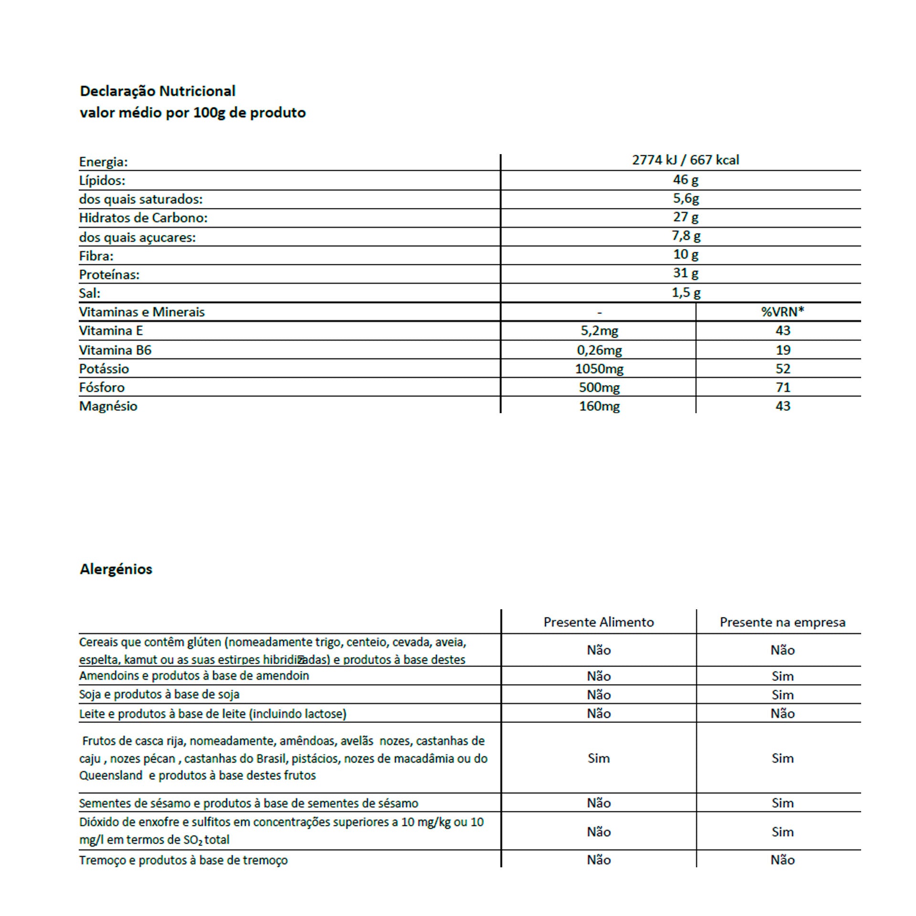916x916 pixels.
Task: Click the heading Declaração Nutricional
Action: pos(157,91)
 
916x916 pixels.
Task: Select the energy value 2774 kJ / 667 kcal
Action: pos(686,160)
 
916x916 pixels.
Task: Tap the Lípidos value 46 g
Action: pos(686,180)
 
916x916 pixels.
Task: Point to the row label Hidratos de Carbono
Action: pos(143,218)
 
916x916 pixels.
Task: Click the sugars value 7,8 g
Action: pos(686,236)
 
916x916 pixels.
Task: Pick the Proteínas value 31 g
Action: pos(686,273)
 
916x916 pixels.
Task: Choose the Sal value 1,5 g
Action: pos(686,292)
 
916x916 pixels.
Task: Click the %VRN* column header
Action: pos(782,312)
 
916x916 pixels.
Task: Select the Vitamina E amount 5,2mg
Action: pos(599,331)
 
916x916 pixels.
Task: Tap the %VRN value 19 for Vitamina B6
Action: pos(782,350)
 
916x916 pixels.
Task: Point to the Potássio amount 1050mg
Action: pos(599,369)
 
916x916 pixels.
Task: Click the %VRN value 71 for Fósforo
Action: pos(782,387)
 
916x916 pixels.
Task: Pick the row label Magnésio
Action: pos(108,406)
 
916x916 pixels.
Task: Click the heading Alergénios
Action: pos(116,569)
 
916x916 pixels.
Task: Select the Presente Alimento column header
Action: pos(598,622)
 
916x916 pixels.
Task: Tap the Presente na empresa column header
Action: pos(782,622)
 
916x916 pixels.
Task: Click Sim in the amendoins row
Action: pos(782,676)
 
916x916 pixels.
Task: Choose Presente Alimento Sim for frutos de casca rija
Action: pos(598,758)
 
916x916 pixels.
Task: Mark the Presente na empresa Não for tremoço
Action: pos(782,860)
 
